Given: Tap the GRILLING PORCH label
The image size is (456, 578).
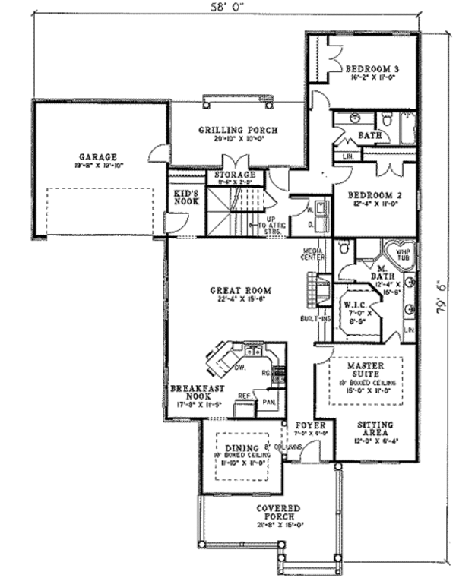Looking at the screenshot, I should tap(238, 130).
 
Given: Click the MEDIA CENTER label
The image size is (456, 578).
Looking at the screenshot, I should tap(314, 254).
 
